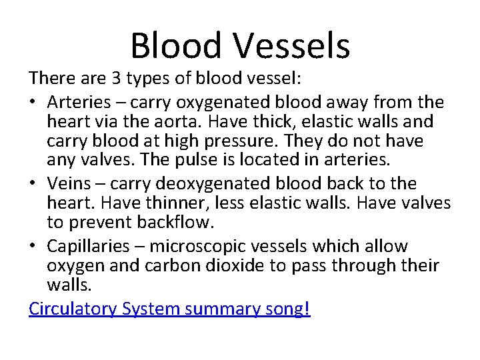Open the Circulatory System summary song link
pyautogui.click(x=169, y=309)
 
